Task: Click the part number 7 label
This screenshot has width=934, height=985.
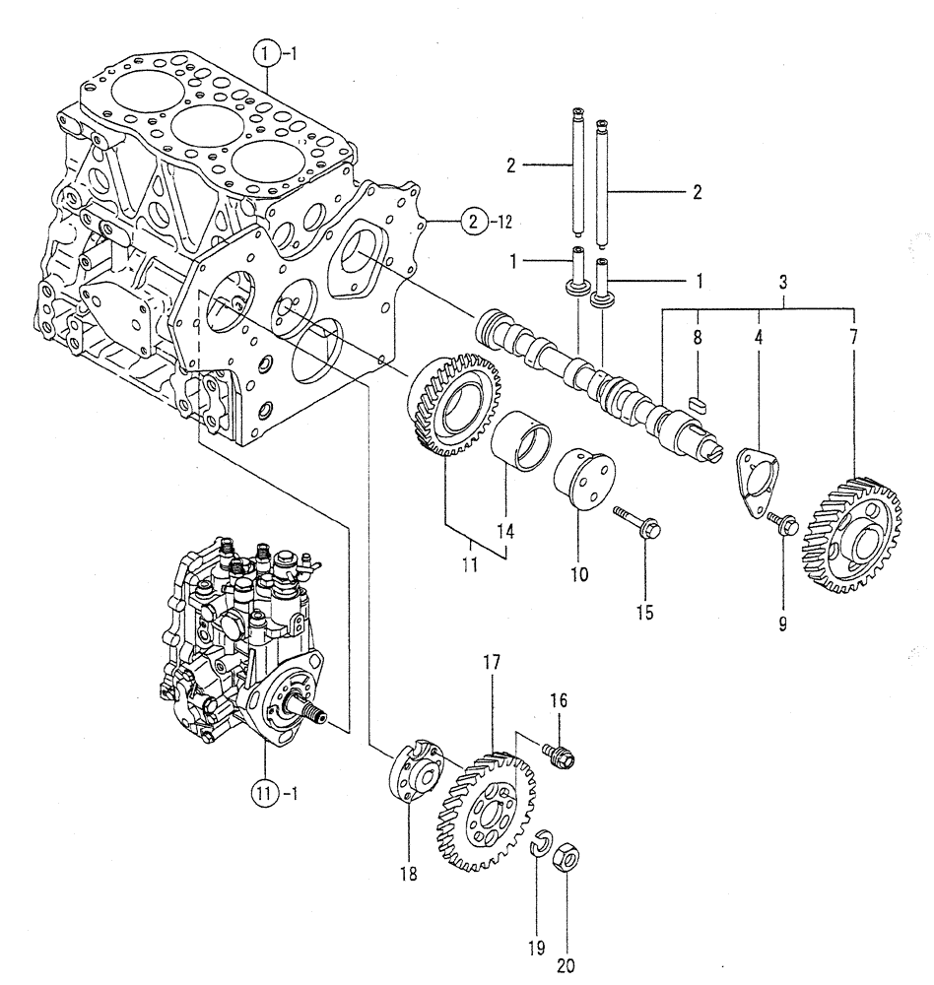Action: (853, 337)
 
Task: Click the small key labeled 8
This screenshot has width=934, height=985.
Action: (701, 402)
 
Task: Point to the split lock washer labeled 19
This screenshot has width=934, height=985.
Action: (538, 843)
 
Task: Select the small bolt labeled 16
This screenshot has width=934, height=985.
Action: (559, 755)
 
